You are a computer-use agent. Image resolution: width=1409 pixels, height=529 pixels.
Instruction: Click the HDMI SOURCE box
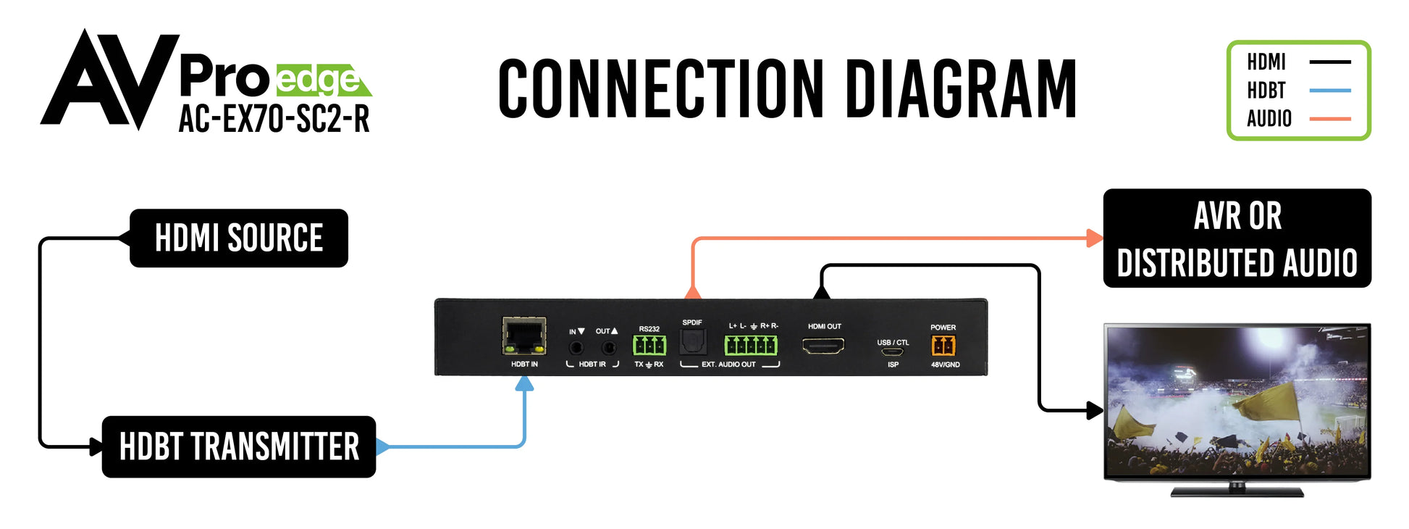tap(239, 238)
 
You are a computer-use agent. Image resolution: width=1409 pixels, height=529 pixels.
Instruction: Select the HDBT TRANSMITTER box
tap(239, 446)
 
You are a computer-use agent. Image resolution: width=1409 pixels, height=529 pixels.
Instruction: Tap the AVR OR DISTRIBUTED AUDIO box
tap(1237, 238)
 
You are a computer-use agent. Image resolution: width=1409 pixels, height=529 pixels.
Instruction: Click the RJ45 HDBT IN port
tap(524, 336)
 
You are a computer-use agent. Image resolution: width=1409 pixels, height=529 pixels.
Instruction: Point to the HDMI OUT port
tap(823, 346)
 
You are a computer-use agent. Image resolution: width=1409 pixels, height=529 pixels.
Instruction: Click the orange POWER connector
tap(943, 346)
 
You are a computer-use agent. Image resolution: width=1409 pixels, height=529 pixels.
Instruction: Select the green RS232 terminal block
tap(649, 345)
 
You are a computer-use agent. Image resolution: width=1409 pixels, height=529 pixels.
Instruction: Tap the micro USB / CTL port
tap(893, 352)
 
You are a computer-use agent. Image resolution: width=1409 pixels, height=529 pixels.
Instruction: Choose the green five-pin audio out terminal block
tap(752, 345)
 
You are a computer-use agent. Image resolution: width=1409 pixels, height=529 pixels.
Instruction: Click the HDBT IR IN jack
tap(576, 348)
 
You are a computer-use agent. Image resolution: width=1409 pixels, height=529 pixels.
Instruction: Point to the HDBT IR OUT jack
tap(609, 348)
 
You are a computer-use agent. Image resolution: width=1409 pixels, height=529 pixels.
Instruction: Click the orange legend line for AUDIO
tap(1330, 119)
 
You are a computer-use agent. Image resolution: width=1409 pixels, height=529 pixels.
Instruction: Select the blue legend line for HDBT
tap(1330, 91)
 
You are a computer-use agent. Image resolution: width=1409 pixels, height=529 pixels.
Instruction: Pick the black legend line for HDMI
tap(1330, 62)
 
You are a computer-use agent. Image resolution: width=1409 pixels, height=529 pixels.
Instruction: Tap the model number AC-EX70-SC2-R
tap(274, 119)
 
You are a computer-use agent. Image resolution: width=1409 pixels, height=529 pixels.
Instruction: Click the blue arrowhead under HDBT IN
tap(524, 384)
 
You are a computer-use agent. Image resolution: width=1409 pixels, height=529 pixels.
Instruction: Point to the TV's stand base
tap(1237, 493)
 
